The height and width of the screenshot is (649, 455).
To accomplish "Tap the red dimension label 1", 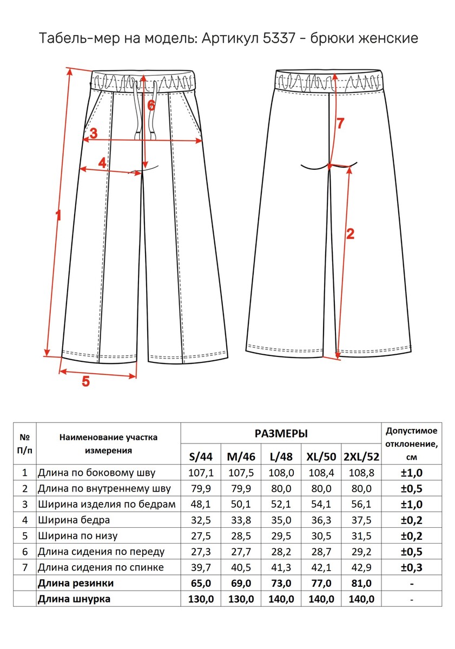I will coord(58,215).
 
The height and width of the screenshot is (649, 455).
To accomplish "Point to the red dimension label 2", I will coord(350,234).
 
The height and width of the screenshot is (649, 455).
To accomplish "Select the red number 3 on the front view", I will coord(94,133).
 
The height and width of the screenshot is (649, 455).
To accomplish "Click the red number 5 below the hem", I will coord(85,381).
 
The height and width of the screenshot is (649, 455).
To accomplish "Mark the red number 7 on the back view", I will coord(340,123).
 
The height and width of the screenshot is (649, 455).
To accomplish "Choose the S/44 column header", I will coord(201,456).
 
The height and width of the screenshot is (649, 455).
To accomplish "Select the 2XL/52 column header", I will coord(361,456).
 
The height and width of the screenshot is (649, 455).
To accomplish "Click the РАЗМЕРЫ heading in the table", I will coord(281,434).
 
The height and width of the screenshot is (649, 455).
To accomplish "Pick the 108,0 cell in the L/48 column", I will coord(281,473).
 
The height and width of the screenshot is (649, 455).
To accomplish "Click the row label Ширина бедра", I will coord(74,520).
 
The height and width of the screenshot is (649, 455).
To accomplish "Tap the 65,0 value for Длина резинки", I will coord(201,584).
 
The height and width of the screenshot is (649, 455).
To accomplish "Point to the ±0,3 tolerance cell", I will coord(411,567).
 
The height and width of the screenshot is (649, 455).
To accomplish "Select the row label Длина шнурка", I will coord(74,599).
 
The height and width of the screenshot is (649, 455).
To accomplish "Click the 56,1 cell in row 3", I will coord(361,505).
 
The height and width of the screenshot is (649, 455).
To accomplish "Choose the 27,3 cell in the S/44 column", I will coord(201,552).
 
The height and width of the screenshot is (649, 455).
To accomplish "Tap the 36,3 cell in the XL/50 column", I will coord(321,520).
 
